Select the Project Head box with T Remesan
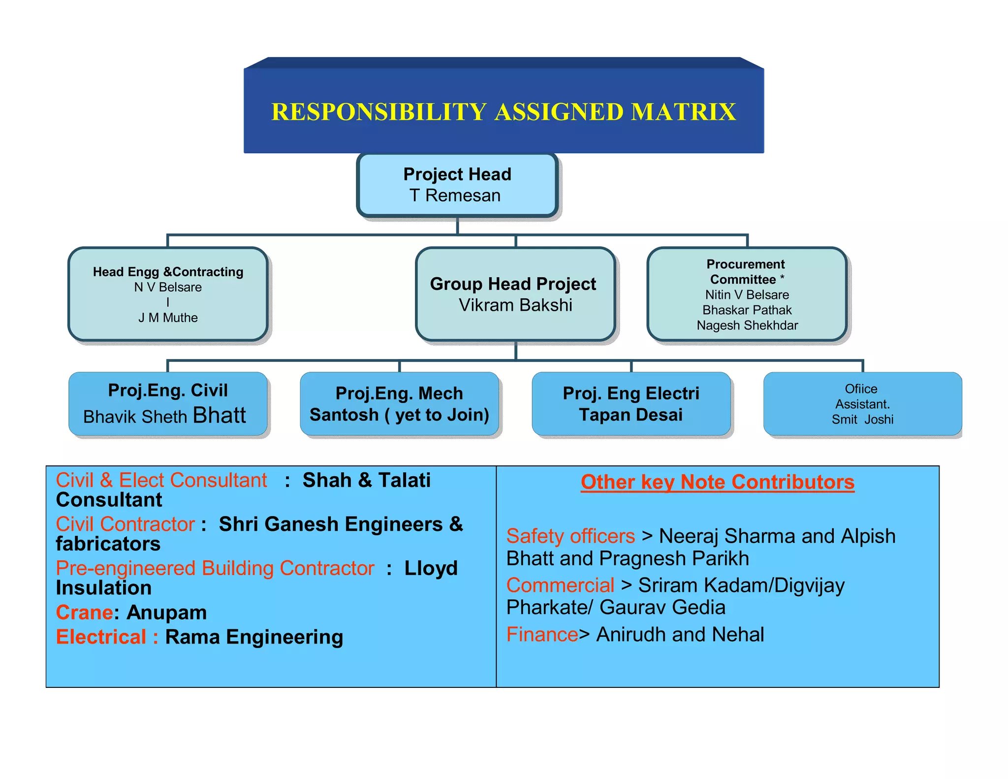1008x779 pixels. click(x=457, y=185)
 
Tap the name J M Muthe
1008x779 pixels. click(x=168, y=318)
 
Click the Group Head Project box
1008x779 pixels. click(x=515, y=294)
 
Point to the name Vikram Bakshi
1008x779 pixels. click(x=515, y=305)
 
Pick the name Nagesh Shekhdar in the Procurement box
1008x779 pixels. click(x=747, y=325)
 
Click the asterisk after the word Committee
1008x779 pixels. click(x=782, y=278)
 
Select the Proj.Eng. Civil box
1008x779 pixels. click(x=168, y=403)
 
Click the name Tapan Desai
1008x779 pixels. click(x=630, y=415)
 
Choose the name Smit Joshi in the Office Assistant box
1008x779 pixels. click(x=862, y=420)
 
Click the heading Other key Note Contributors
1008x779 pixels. click(x=717, y=482)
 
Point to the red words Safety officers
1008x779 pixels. click(x=570, y=536)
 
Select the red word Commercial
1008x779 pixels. click(x=560, y=585)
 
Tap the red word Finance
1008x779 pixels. click(x=542, y=634)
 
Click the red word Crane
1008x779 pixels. click(x=85, y=613)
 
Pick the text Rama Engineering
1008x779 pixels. click(x=254, y=637)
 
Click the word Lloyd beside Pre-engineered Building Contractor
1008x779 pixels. click(x=431, y=568)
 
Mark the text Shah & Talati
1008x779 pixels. click(x=366, y=480)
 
